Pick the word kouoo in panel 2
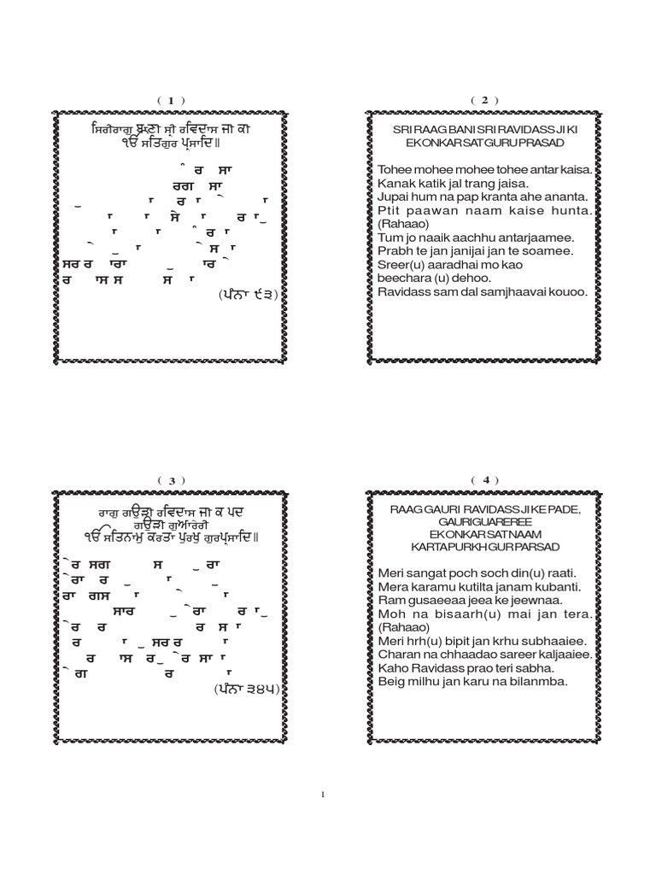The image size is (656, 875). (567, 292)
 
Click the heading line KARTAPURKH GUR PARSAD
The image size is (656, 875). (484, 543)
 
